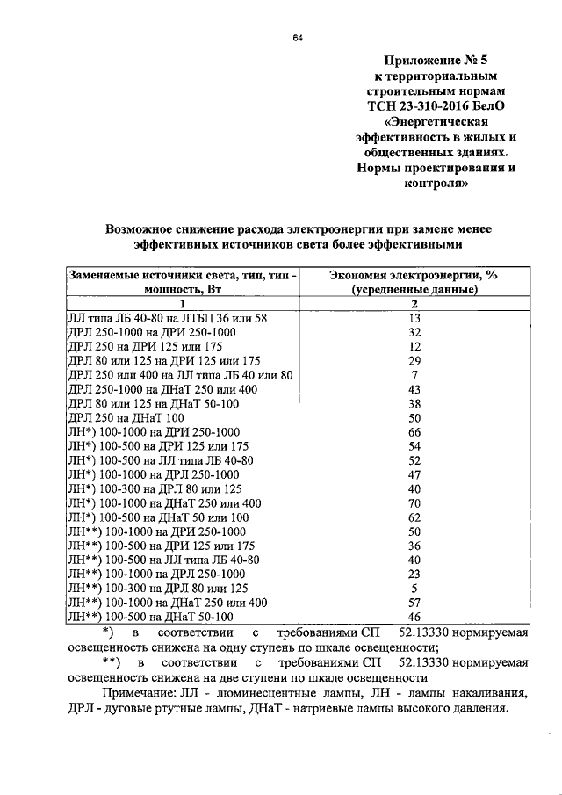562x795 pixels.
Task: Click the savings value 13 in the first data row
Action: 416,318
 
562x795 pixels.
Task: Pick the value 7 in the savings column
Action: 416,375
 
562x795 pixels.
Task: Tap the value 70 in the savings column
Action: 416,502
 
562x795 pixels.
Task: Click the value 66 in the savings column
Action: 416,431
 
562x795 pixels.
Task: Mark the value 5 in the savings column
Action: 416,588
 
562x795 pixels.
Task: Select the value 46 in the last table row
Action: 416,617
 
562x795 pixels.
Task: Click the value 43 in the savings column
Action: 416,389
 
